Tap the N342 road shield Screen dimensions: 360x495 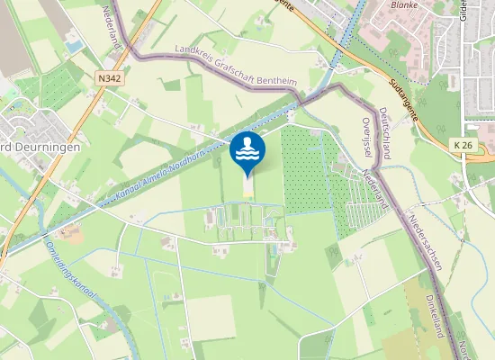110,79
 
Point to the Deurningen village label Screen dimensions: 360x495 42,147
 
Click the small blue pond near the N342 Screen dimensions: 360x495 73,43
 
